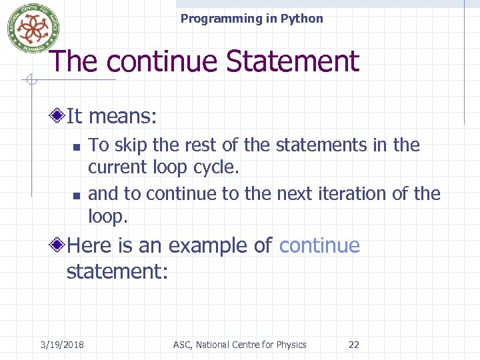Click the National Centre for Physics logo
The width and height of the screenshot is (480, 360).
29,29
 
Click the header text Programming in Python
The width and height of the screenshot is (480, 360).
251,19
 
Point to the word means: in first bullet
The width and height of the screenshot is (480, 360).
123,117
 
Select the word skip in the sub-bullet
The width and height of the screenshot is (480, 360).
131,145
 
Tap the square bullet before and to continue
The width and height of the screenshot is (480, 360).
77,195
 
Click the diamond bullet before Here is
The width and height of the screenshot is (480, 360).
59,246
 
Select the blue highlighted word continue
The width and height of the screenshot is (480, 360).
319,246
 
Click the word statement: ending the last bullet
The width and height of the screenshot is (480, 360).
117,271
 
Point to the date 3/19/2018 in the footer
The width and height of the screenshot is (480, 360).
62,345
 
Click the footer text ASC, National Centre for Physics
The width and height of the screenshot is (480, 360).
239,345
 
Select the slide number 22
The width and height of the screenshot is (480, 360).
354,345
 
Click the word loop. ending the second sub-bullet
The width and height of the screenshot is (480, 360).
107,215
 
